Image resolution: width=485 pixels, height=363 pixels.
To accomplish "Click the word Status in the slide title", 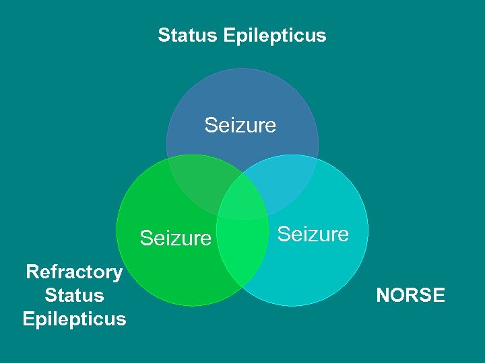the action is coord(187,35).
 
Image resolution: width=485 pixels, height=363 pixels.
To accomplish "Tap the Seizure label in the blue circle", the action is coord(240,125).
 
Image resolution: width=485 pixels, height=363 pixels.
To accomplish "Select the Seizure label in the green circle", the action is coord(175,238).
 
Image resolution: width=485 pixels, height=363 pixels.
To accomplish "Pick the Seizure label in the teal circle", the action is coord(313,234).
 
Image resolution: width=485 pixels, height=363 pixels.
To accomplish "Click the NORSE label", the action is coord(410,295).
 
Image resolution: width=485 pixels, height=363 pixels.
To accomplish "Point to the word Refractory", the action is coord(74,272).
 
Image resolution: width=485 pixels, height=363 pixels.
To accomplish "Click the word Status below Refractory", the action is coord(74,295).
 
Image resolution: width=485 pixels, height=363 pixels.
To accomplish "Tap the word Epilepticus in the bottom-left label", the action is coord(74,319).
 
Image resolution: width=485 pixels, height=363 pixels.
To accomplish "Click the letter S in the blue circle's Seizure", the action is coord(211,125).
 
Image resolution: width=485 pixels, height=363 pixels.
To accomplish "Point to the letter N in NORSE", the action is coord(383,295).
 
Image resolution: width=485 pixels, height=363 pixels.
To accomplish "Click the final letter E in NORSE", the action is coord(439,295).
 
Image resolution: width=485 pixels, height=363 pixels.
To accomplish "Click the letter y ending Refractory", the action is coord(117,274).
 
